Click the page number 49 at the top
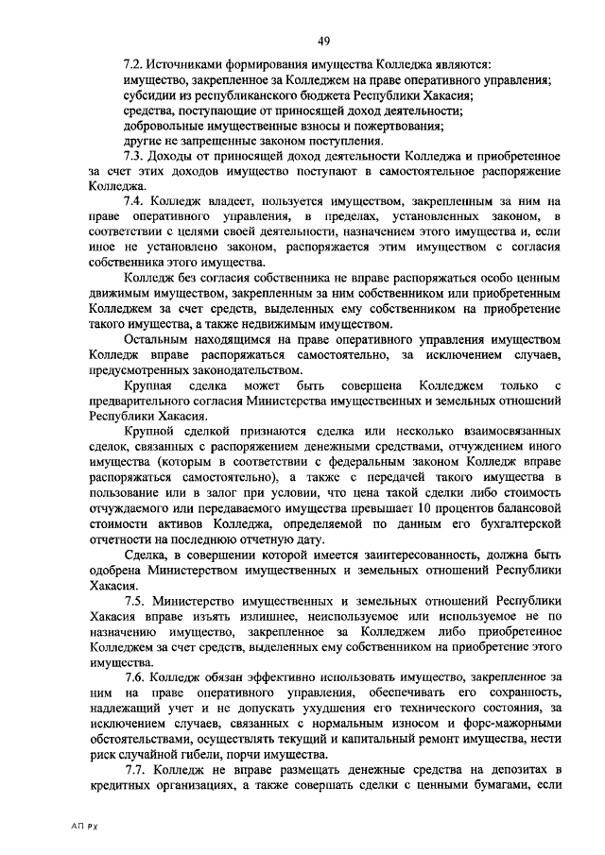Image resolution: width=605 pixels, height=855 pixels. (x=324, y=40)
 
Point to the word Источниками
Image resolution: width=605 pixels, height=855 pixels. (x=186, y=65)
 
